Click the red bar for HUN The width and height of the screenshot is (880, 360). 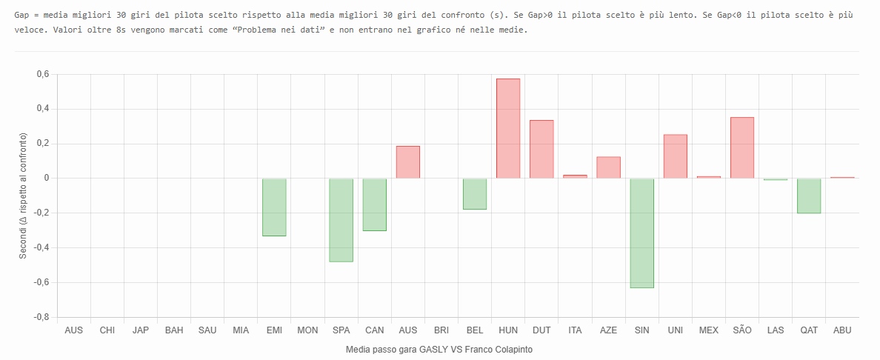pyautogui.click(x=508, y=128)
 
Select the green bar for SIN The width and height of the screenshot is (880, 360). pyautogui.click(x=641, y=233)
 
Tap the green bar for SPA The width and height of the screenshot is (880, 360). pyautogui.click(x=341, y=220)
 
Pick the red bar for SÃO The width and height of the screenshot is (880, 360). pyautogui.click(x=742, y=147)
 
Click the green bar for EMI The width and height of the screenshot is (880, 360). pyautogui.click(x=274, y=207)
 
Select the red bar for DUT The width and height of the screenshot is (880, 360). pyautogui.click(x=541, y=149)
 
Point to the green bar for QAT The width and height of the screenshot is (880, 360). pyautogui.click(x=809, y=196)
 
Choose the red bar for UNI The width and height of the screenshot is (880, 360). pyautogui.click(x=676, y=156)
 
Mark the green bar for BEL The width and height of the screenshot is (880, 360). pyautogui.click(x=475, y=193)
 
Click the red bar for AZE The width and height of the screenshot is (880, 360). pyautogui.click(x=608, y=167)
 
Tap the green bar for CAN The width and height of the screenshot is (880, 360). pyautogui.click(x=374, y=204)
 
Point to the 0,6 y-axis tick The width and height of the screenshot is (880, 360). pyautogui.click(x=41, y=74)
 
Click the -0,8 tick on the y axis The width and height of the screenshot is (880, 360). pyautogui.click(x=40, y=317)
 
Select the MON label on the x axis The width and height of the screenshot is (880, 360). pyautogui.click(x=307, y=330)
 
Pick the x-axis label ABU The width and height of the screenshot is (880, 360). pyautogui.click(x=842, y=330)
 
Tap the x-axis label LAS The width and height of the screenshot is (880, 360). pyautogui.click(x=776, y=330)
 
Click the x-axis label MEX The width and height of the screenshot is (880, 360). pyautogui.click(x=709, y=330)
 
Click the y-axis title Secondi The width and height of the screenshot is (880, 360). pyautogui.click(x=23, y=196)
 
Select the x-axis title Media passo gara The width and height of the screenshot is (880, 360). pyautogui.click(x=439, y=349)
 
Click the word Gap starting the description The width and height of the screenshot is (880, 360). pyautogui.click(x=23, y=15)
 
